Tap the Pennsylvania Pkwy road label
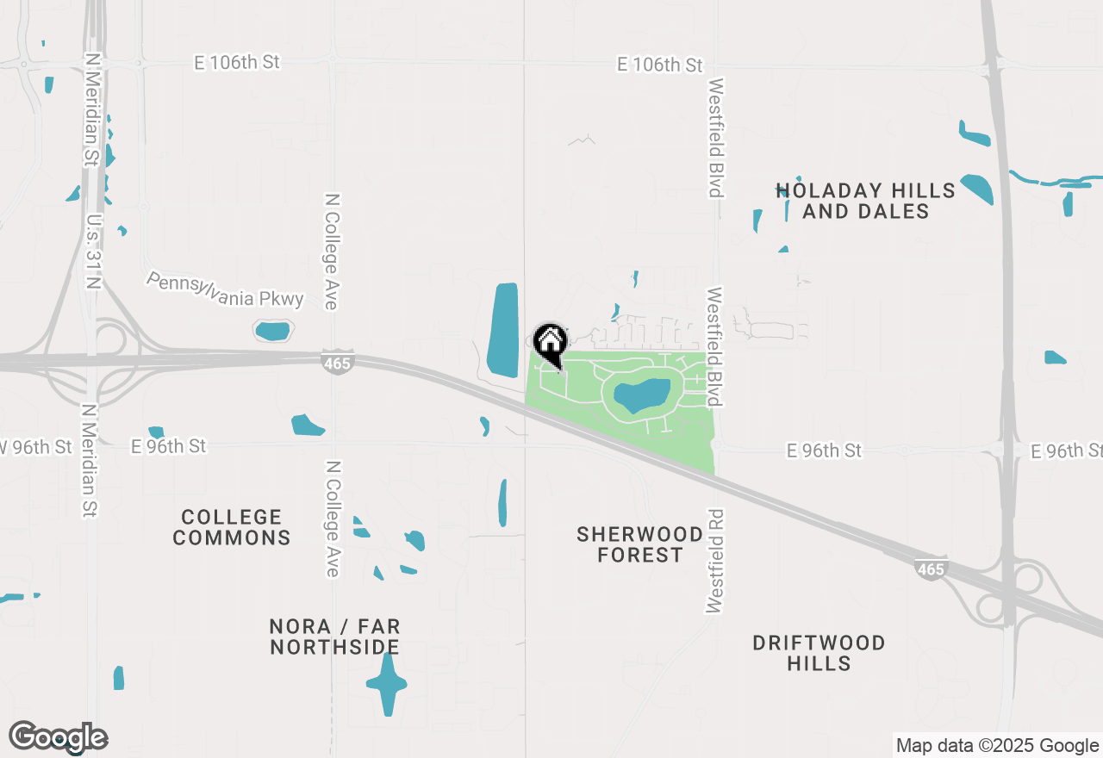coord(225,290)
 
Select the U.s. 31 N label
coord(94,252)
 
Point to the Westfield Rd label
coord(714,561)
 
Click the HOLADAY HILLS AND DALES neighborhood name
coord(865,201)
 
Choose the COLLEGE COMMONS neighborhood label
coord(232,527)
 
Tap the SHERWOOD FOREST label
coord(639,544)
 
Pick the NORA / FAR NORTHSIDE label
coord(334,637)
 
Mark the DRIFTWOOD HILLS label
coord(819,653)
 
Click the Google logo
coord(59,737)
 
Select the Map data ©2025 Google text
coord(997,746)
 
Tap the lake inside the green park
coord(642,395)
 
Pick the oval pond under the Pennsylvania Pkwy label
coord(273,331)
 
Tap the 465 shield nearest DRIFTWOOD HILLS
coord(932,568)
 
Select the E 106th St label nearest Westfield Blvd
coord(659,65)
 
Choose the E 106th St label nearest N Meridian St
coord(237,62)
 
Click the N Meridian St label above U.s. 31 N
coord(92,109)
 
